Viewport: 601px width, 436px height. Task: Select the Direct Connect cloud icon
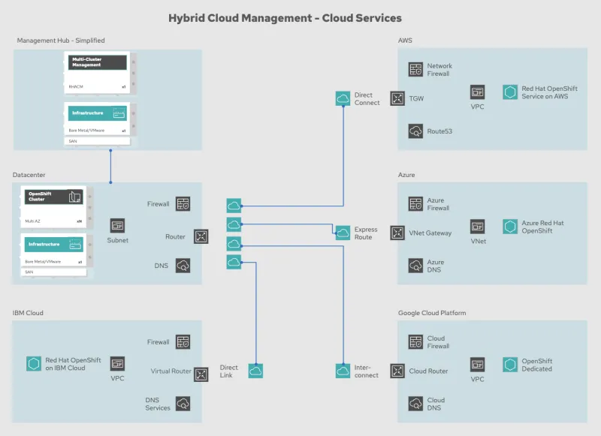pyautogui.click(x=343, y=98)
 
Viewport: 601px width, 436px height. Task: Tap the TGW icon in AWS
pyautogui.click(x=397, y=98)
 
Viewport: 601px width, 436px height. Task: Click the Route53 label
pyautogui.click(x=439, y=131)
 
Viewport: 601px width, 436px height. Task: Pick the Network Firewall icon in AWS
pyautogui.click(x=415, y=70)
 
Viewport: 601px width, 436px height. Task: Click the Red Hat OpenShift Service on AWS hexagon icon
pyautogui.click(x=510, y=92)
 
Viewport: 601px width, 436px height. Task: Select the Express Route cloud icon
pyautogui.click(x=343, y=233)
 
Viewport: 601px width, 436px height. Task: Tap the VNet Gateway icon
pyautogui.click(x=397, y=233)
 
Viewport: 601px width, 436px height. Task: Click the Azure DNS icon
pyautogui.click(x=415, y=266)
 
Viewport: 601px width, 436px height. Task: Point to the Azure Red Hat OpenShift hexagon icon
pyautogui.click(x=510, y=227)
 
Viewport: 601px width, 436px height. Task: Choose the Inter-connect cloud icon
pyautogui.click(x=343, y=371)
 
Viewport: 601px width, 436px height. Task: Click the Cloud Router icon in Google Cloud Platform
pyautogui.click(x=397, y=371)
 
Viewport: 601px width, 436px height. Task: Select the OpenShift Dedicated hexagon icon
pyautogui.click(x=510, y=365)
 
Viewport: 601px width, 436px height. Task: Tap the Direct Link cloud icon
pyautogui.click(x=255, y=371)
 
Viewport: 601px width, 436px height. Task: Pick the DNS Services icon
pyautogui.click(x=183, y=404)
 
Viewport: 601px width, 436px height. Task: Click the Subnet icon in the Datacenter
pyautogui.click(x=117, y=226)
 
